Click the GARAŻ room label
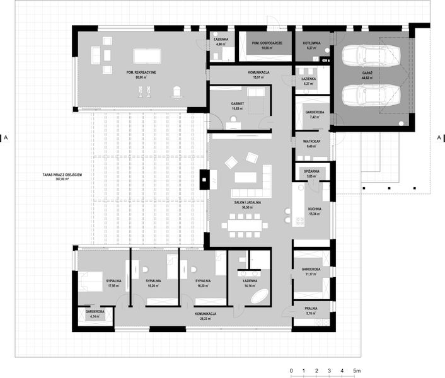coord(366,74)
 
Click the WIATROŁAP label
coord(310,141)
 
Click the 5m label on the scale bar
coord(357,370)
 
